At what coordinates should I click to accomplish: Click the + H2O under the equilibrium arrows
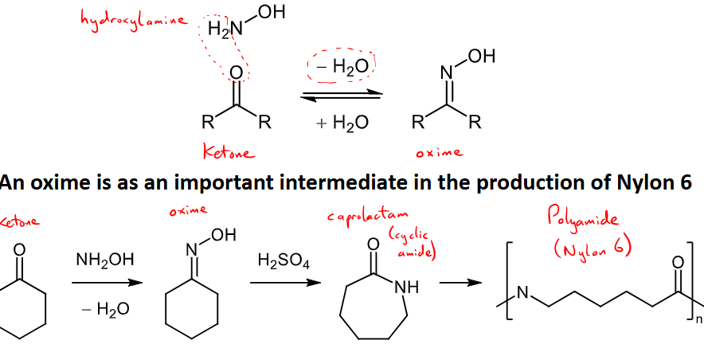[342, 123]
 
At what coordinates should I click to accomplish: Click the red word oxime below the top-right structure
[439, 152]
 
